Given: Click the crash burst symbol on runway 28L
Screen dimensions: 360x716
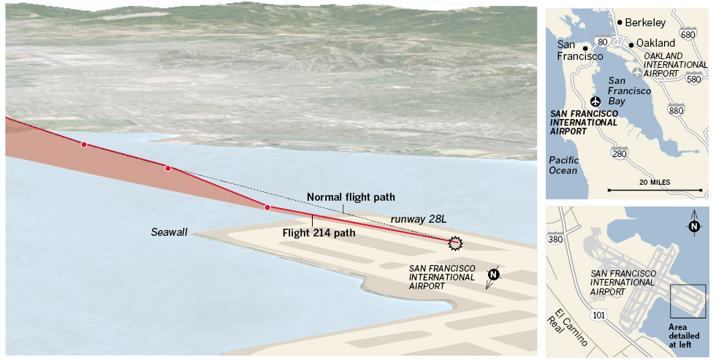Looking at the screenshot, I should pyautogui.click(x=456, y=242).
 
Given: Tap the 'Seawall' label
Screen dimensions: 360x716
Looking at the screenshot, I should pyautogui.click(x=170, y=231).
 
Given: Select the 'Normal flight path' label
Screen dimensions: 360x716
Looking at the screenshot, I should pyautogui.click(x=351, y=197).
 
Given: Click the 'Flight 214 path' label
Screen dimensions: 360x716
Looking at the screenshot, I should pyautogui.click(x=319, y=234).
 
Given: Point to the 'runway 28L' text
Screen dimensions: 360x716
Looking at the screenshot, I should pyautogui.click(x=418, y=219).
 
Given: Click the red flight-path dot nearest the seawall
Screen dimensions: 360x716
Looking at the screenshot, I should pyautogui.click(x=267, y=208).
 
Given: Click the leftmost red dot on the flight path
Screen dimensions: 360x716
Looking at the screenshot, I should pyautogui.click(x=84, y=145).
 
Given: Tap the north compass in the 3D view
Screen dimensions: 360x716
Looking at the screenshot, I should pyautogui.click(x=493, y=275).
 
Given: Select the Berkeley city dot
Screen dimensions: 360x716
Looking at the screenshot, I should pyautogui.click(x=620, y=23).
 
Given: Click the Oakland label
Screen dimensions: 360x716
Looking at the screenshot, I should pyautogui.click(x=655, y=43).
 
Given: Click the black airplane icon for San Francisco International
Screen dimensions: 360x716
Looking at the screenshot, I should pyautogui.click(x=596, y=101).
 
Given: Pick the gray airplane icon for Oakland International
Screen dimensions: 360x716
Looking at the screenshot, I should pyautogui.click(x=638, y=72).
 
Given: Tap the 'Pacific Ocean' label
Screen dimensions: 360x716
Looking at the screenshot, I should pyautogui.click(x=563, y=165).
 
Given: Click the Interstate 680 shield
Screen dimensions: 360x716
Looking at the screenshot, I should pyautogui.click(x=688, y=34).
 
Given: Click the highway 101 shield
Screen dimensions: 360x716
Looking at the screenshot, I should pyautogui.click(x=600, y=315).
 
